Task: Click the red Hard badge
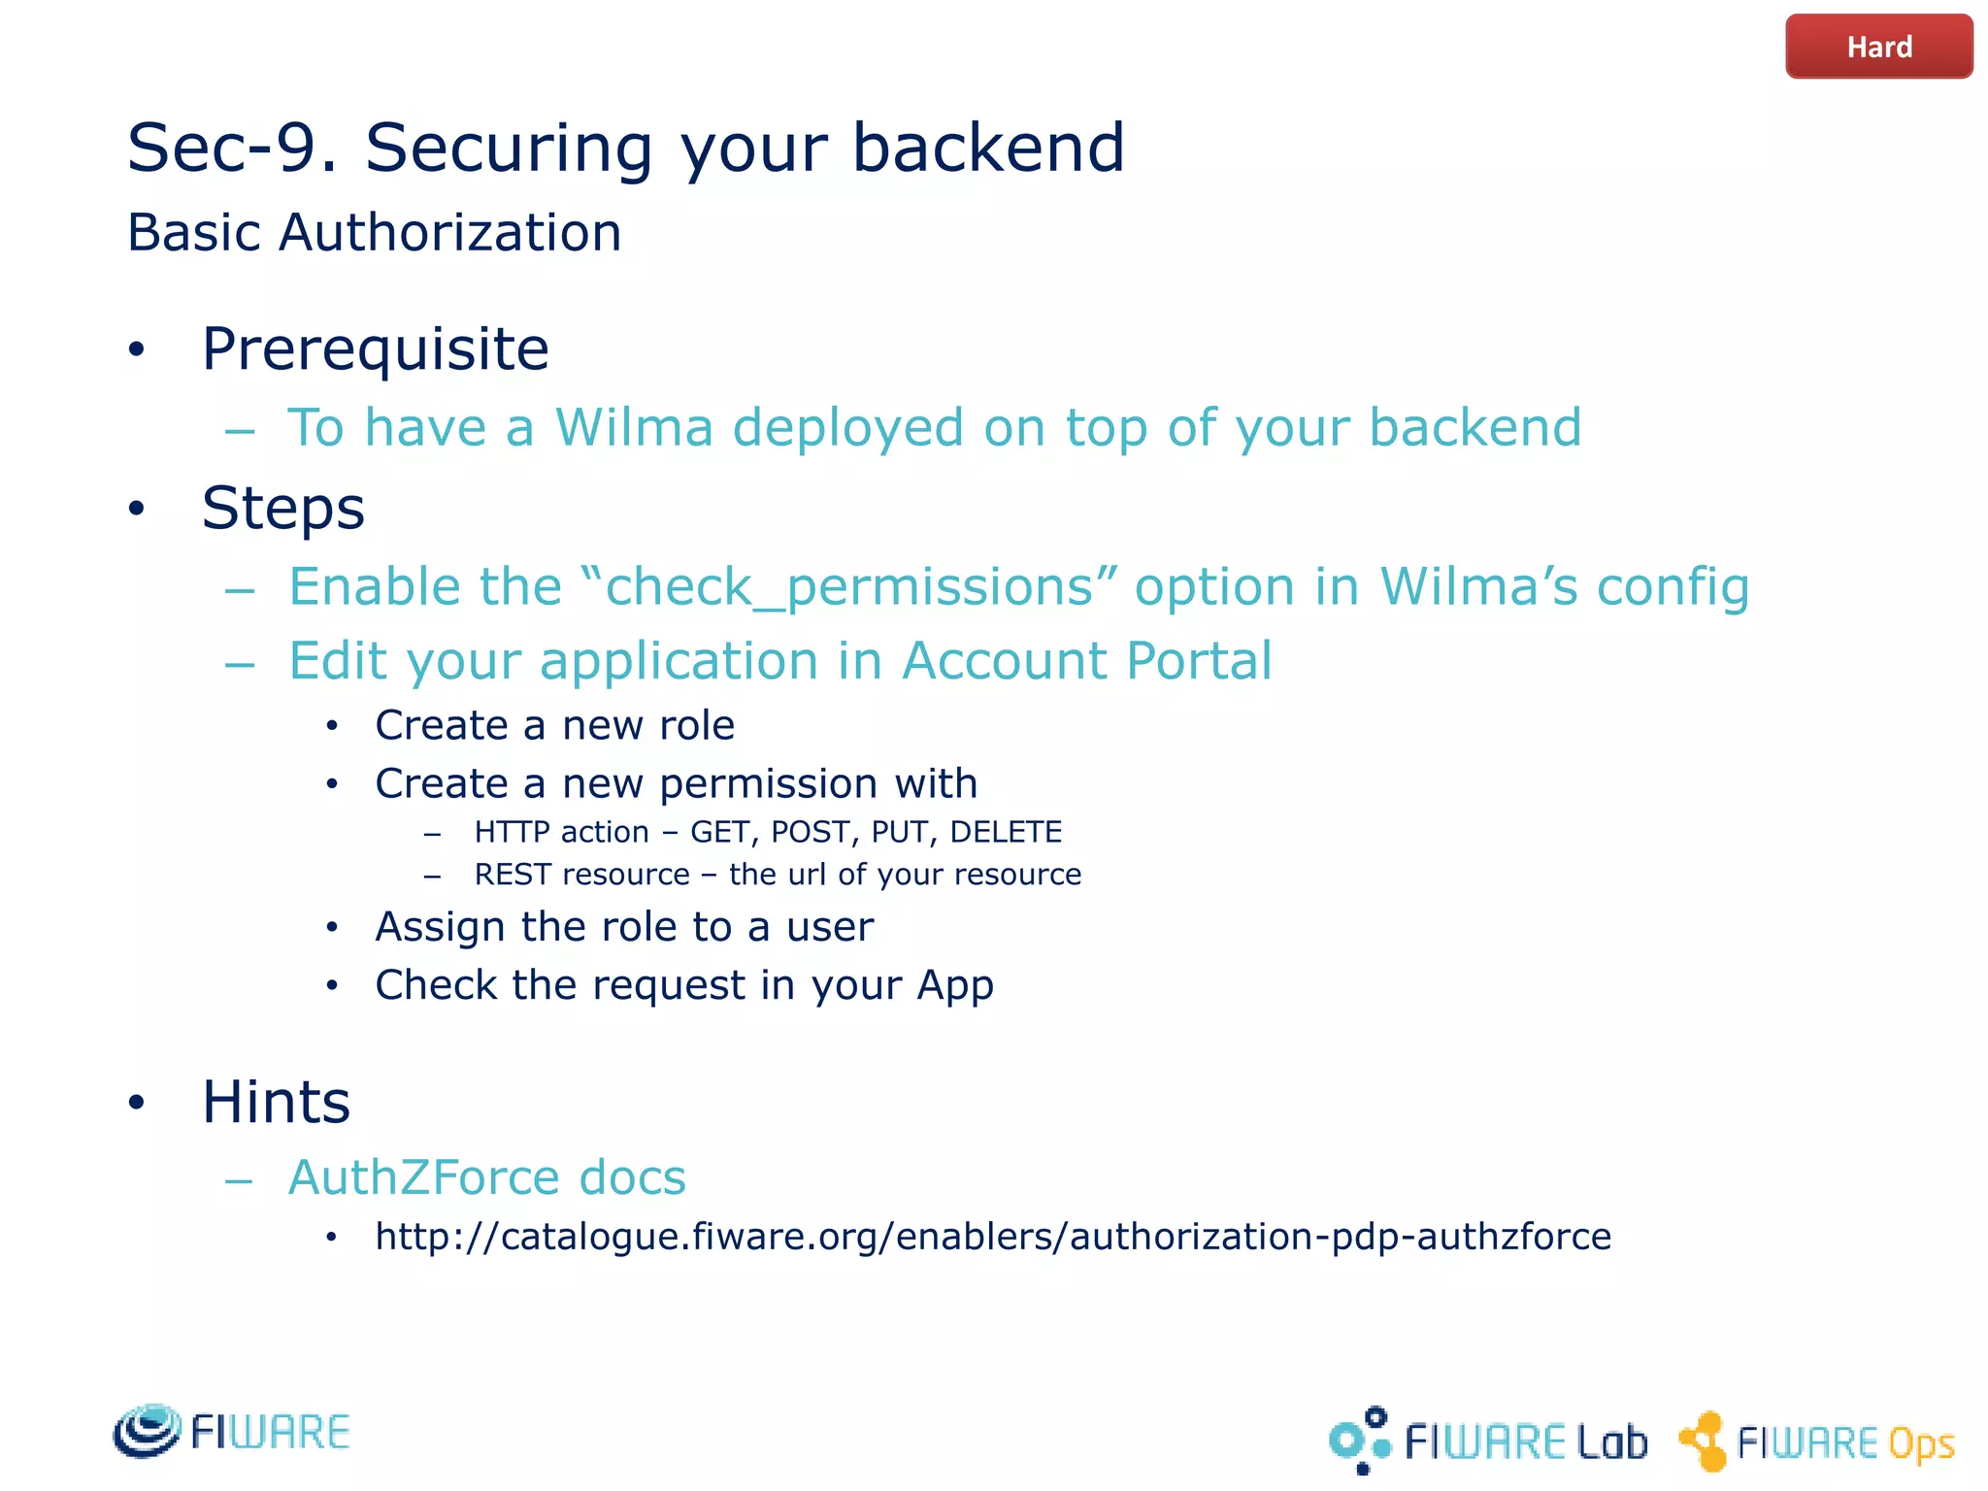[1878, 47]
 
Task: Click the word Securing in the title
[509, 149]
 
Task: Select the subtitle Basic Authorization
[375, 233]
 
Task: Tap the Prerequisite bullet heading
[375, 349]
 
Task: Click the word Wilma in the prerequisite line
[634, 427]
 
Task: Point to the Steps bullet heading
[282, 508]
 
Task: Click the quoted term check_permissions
[850, 587]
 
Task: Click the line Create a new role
[554, 725]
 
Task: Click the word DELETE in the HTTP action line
[1006, 832]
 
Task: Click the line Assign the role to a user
[624, 927]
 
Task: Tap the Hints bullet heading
[276, 1103]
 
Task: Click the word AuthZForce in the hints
[422, 1177]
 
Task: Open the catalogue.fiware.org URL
[993, 1237]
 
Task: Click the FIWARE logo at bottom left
[231, 1431]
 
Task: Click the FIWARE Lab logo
[1488, 1441]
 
